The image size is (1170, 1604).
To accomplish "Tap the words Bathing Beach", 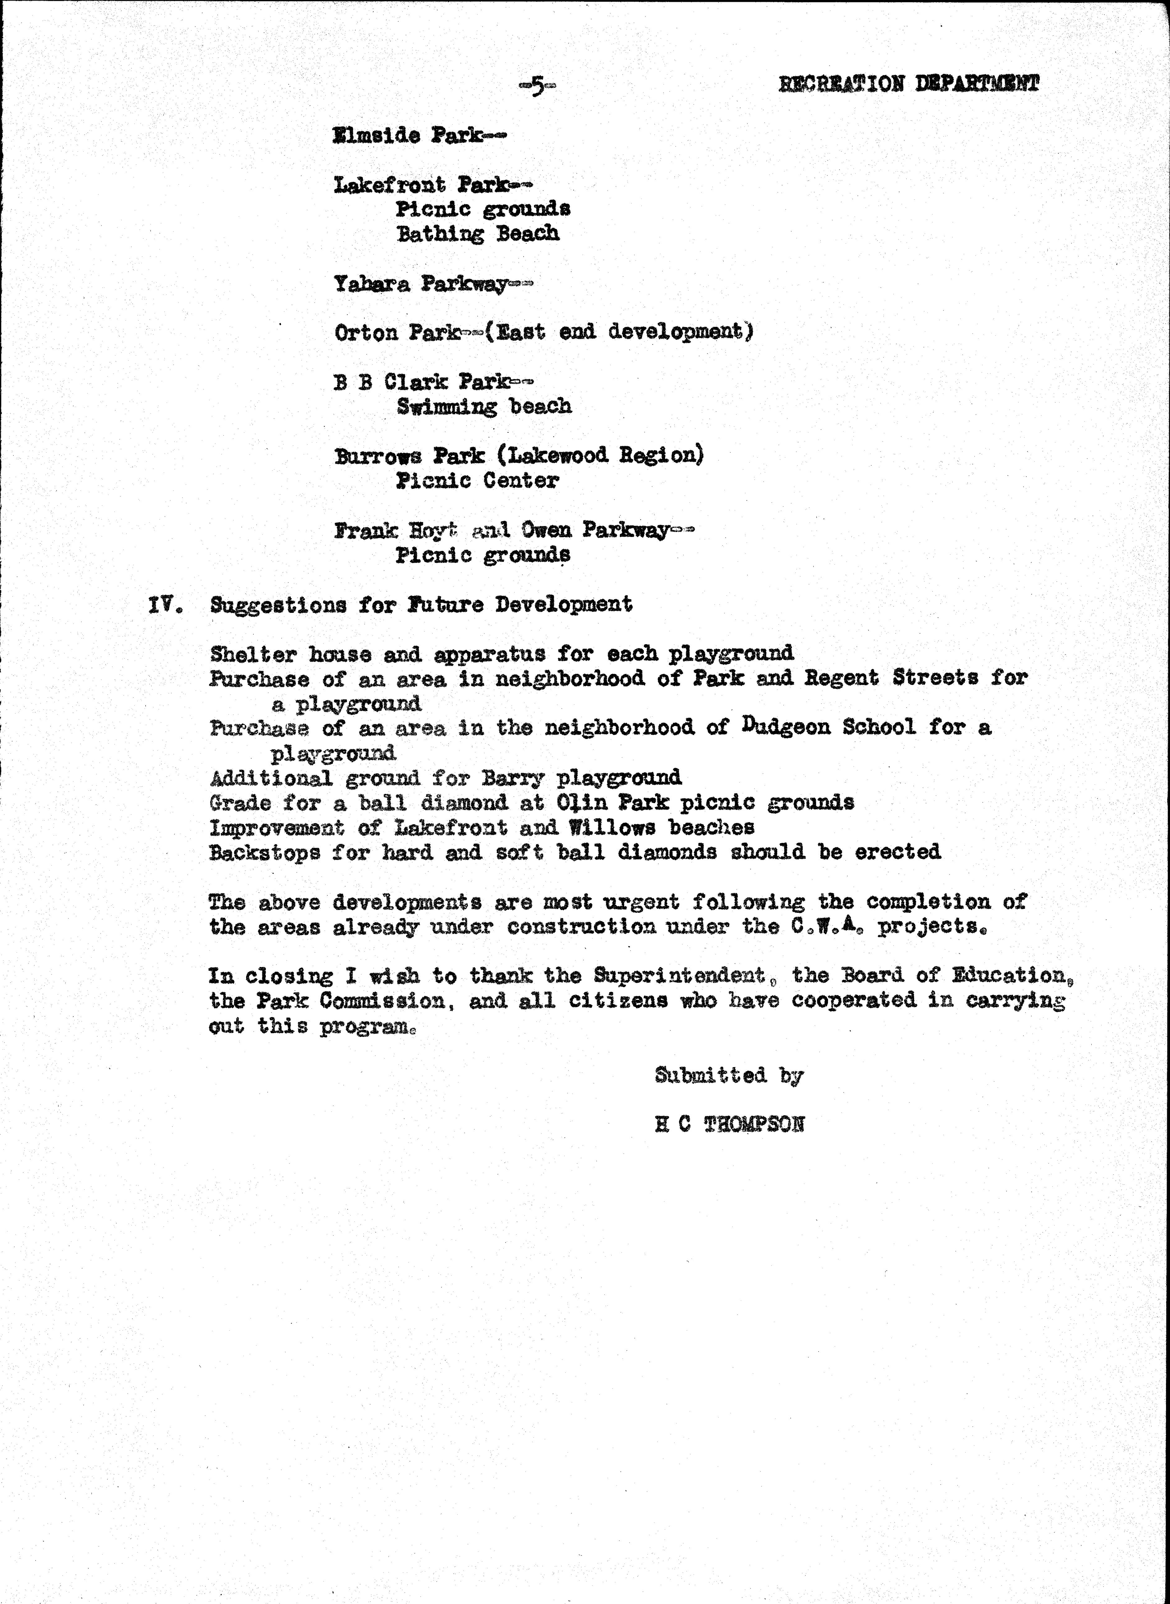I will point(477,234).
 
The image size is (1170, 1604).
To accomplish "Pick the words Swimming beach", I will point(484,406).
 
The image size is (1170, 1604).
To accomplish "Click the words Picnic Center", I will point(477,481).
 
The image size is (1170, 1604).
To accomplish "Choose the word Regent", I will point(841,678).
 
